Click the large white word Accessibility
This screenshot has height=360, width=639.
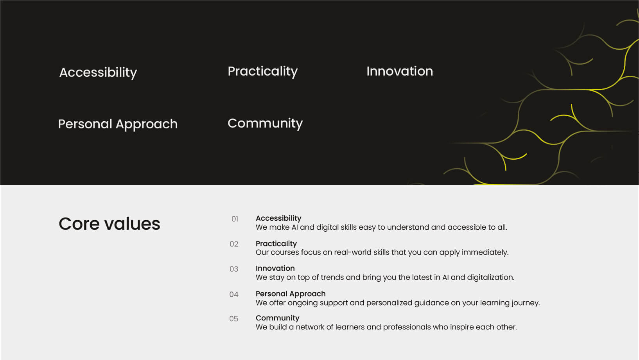coord(98,72)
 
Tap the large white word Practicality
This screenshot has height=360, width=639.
coord(262,71)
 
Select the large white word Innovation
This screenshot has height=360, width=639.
coord(400,71)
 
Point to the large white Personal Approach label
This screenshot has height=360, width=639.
coord(118,124)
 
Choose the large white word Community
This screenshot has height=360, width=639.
coord(265,124)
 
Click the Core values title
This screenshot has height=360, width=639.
coord(109,223)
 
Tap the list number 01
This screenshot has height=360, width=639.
coord(235,219)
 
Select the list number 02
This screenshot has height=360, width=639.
coord(234,244)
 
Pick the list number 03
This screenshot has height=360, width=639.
coord(234,269)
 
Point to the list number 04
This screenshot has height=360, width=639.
coord(234,294)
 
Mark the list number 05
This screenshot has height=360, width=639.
coord(233,319)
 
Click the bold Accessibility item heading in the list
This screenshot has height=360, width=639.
coord(278,218)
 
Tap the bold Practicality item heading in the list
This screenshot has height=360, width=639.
coord(276,243)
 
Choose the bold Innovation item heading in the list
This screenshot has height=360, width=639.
coord(275,268)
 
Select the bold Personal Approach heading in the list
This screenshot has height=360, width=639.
coord(291,294)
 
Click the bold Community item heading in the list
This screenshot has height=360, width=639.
coord(277,318)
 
